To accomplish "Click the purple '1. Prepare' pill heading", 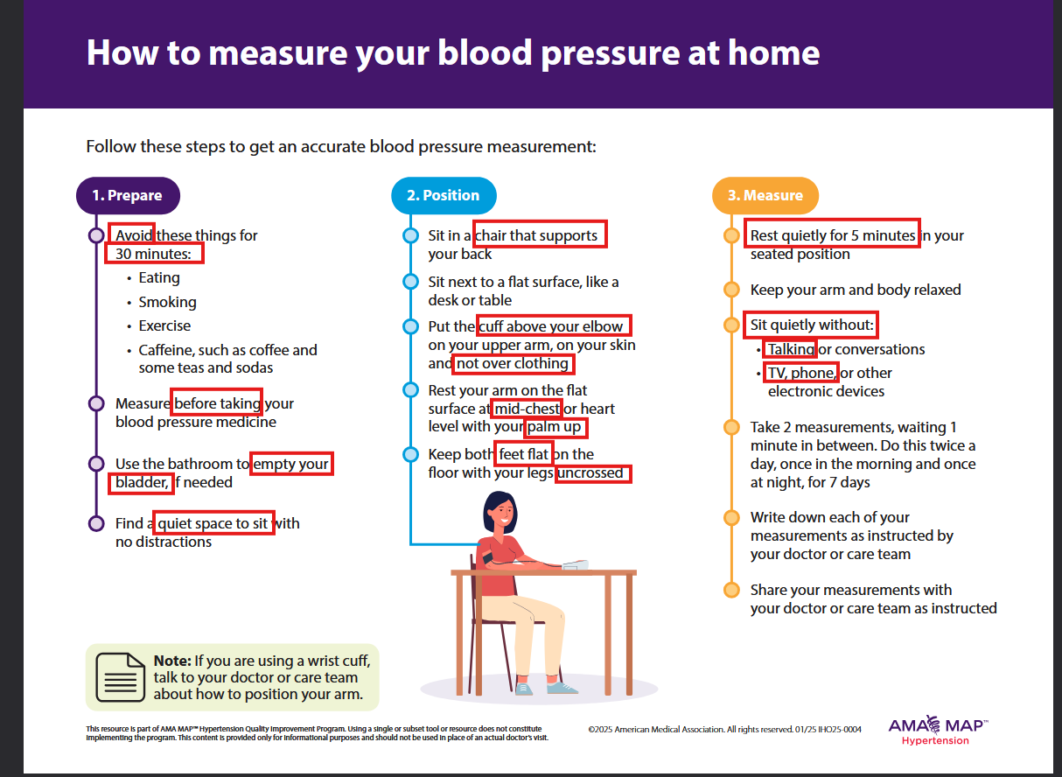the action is click(x=128, y=195).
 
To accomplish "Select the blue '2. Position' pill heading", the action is click(x=444, y=195).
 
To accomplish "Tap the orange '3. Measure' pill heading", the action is click(x=765, y=195).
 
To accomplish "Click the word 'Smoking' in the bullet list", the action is click(x=167, y=302).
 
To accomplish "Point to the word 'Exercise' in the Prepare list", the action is click(x=164, y=325).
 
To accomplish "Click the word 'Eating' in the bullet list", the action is click(x=159, y=278).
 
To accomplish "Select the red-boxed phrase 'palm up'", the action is click(x=555, y=427).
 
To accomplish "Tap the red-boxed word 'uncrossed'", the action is click(x=592, y=473).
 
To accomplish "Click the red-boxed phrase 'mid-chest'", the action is click(x=527, y=409).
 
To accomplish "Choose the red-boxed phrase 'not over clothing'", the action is click(x=513, y=364).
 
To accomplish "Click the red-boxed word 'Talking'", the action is click(x=790, y=349).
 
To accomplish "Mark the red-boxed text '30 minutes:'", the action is click(x=154, y=253).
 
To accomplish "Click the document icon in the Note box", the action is click(x=121, y=677).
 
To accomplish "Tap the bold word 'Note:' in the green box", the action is click(x=172, y=661).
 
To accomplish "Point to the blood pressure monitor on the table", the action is click(x=575, y=564).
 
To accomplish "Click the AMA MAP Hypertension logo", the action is click(x=938, y=731).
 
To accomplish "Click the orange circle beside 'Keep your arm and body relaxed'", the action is click(x=731, y=290).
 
